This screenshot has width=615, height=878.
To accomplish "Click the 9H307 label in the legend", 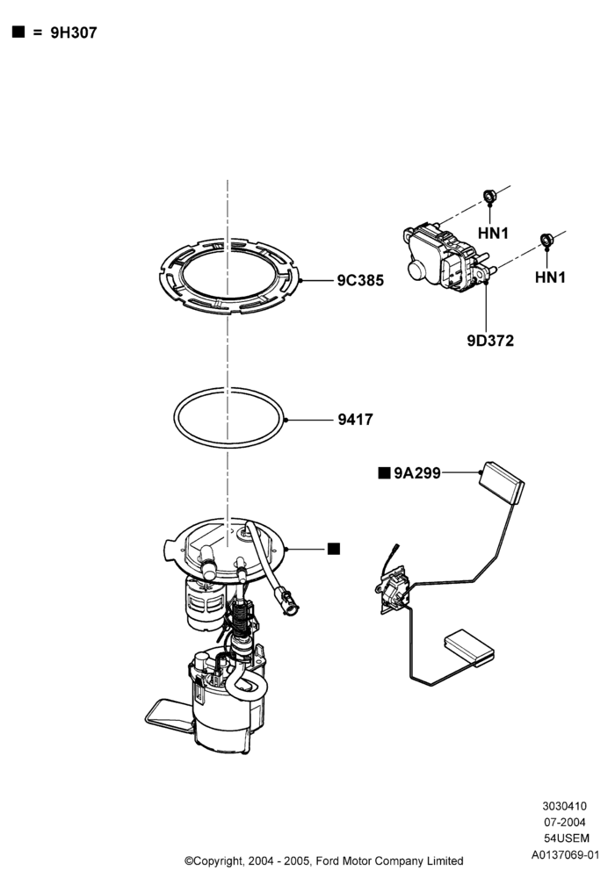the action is click(x=74, y=32).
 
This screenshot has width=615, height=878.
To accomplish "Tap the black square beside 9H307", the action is click(x=18, y=32).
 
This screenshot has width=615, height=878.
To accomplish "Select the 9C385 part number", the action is click(x=360, y=280).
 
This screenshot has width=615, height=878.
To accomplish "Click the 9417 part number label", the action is click(x=355, y=420).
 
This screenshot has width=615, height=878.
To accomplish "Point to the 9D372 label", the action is click(x=490, y=341).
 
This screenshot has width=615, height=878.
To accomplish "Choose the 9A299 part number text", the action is click(x=417, y=473).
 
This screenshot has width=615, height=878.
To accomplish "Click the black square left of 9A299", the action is click(x=384, y=473).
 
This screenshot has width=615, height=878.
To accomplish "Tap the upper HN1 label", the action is click(x=493, y=233).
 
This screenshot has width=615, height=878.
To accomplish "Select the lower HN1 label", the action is click(x=550, y=277).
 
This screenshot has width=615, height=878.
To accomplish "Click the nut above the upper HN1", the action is click(x=489, y=196).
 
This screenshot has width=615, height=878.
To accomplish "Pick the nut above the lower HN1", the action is click(x=546, y=240).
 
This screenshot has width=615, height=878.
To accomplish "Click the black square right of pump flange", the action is click(x=333, y=549).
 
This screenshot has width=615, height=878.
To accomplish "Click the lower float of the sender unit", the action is click(x=469, y=647).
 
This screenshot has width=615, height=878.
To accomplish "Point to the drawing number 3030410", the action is click(x=564, y=806).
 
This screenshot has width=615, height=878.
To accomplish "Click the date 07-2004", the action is click(x=565, y=823).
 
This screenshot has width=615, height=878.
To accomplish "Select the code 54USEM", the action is click(x=567, y=838).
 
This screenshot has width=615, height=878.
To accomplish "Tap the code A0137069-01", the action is click(x=565, y=855).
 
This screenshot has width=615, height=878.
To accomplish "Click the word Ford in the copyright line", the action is click(x=327, y=860).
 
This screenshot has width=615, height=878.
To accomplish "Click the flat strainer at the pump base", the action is click(x=169, y=714).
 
